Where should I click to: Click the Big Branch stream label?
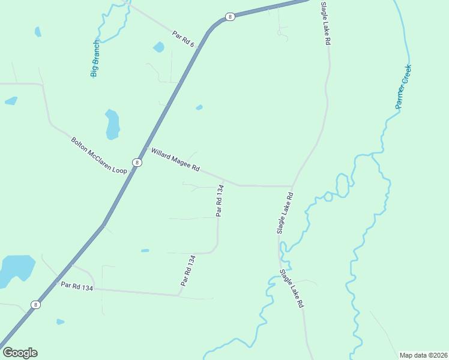tap(95, 59)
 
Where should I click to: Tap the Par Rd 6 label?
tap(183, 40)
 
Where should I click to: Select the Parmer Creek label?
tap(403, 86)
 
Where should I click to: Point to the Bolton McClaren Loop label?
tap(99, 155)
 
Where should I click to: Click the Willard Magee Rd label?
tap(175, 160)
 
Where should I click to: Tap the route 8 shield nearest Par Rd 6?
tap(230, 17)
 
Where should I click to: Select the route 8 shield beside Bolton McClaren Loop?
tap(137, 163)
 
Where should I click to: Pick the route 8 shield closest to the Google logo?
tap(36, 305)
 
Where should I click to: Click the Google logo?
tap(20, 353)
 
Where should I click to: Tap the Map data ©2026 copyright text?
tap(423, 355)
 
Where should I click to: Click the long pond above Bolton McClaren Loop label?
tap(112, 124)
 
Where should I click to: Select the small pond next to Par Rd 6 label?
tap(158, 47)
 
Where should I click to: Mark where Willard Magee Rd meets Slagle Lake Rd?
tap(292, 186)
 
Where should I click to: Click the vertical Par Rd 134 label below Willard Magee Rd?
tap(220, 201)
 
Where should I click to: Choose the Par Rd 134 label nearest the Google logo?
tap(77, 287)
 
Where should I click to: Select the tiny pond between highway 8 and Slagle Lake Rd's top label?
tap(199, 108)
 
